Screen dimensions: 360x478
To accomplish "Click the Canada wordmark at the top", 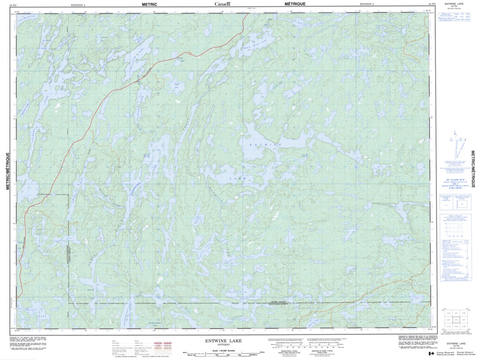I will point(222,4).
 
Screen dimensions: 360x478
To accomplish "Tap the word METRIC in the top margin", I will point(149,4).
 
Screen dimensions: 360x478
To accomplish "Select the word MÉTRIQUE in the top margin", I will point(295,4).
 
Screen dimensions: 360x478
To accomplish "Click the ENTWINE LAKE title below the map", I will point(223,341).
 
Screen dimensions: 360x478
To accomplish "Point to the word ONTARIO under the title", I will point(223,345).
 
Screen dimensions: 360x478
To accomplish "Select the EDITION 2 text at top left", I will point(78,4).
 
